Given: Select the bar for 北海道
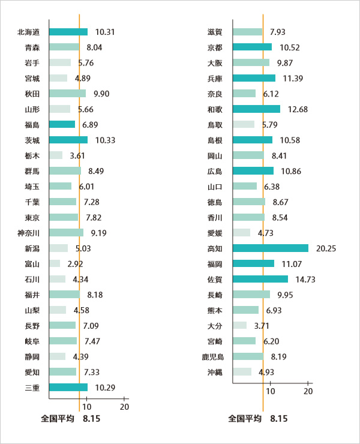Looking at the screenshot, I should (x=68, y=32).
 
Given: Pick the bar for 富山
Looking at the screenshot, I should (x=55, y=263).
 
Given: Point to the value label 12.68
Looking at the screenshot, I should (x=298, y=109).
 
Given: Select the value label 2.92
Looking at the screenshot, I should (x=75, y=263).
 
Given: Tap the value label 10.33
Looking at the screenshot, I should (x=105, y=140).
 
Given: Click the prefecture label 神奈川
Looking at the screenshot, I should (x=29, y=232).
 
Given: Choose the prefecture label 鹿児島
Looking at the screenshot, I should (x=212, y=356).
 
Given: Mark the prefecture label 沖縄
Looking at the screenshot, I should (x=215, y=372).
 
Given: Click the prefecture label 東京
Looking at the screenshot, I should (x=32, y=217).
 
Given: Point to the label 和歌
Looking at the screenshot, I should (x=215, y=109).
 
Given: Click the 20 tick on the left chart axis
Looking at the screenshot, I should (x=125, y=407).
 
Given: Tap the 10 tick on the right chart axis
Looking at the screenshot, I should (x=271, y=392).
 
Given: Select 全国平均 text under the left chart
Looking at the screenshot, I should (x=57, y=418).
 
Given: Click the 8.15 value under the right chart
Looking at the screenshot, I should (x=279, y=418).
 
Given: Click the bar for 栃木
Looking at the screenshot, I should (x=55, y=155).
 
